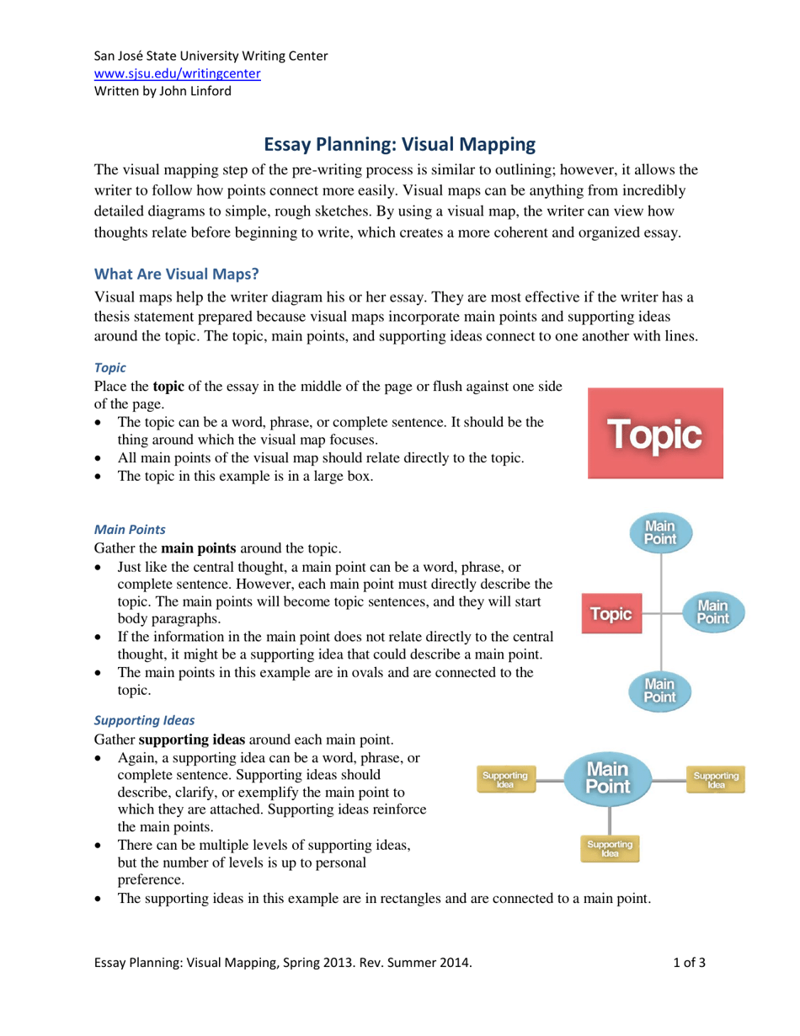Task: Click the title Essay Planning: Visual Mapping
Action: click(x=400, y=145)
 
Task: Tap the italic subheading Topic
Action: click(x=109, y=368)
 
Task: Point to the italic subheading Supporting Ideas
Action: click(x=144, y=720)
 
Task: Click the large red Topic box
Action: click(x=656, y=434)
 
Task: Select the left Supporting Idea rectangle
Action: click(x=504, y=779)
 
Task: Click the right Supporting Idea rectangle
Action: click(x=715, y=779)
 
